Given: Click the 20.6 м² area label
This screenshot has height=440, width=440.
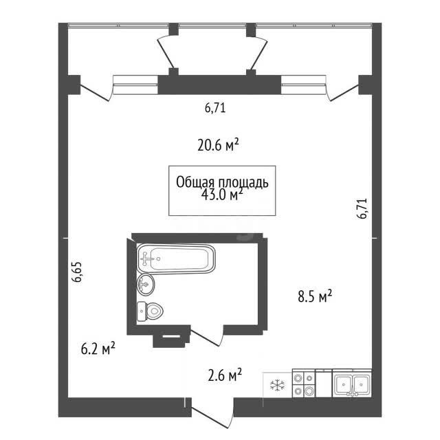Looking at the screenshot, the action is pyautogui.click(x=218, y=145).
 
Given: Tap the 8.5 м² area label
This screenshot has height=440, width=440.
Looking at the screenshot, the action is pyautogui.click(x=315, y=296).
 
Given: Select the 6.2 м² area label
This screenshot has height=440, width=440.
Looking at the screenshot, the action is pyautogui.click(x=98, y=349).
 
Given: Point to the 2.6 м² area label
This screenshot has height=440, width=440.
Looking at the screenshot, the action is pyautogui.click(x=225, y=375).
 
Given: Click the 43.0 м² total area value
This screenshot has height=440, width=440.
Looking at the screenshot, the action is pyautogui.click(x=222, y=195).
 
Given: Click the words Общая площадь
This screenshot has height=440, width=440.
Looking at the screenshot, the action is pyautogui.click(x=222, y=182).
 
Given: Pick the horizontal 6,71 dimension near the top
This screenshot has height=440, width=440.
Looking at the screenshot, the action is pyautogui.click(x=215, y=108).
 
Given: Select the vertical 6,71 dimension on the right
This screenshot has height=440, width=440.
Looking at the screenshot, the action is pyautogui.click(x=362, y=208).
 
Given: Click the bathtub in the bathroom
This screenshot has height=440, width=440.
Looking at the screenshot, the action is pyautogui.click(x=176, y=258).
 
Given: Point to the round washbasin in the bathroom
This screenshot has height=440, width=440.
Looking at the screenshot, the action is pyautogui.click(x=146, y=284).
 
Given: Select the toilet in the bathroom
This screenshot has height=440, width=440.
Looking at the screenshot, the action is pyautogui.click(x=150, y=311).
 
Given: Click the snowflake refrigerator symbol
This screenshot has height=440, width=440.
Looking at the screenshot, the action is pyautogui.click(x=277, y=385).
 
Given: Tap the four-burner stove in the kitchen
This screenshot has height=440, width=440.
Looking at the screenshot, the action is pyautogui.click(x=304, y=384).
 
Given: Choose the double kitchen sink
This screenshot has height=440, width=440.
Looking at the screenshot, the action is pyautogui.click(x=352, y=384).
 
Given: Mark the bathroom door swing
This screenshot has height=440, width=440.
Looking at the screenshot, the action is pyautogui.click(x=207, y=336).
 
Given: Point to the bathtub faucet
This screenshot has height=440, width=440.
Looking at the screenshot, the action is pyautogui.click(x=145, y=258).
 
